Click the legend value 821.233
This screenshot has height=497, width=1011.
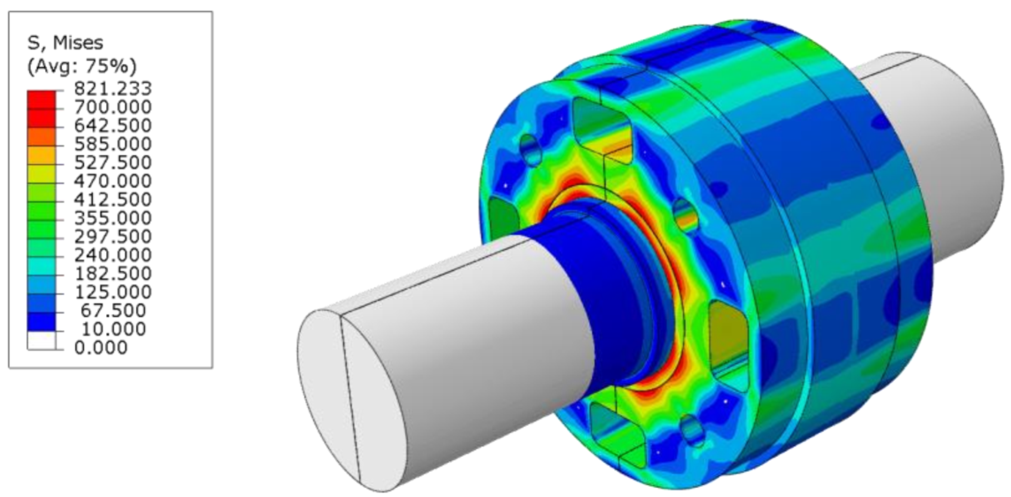coord(113,89)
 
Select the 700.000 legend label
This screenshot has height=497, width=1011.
coord(113,107)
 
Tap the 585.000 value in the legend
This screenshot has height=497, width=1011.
coord(113,144)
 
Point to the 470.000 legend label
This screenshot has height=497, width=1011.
coord(113,181)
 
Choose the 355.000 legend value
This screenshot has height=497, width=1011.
coord(113,218)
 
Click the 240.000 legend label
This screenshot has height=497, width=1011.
coord(113,255)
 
